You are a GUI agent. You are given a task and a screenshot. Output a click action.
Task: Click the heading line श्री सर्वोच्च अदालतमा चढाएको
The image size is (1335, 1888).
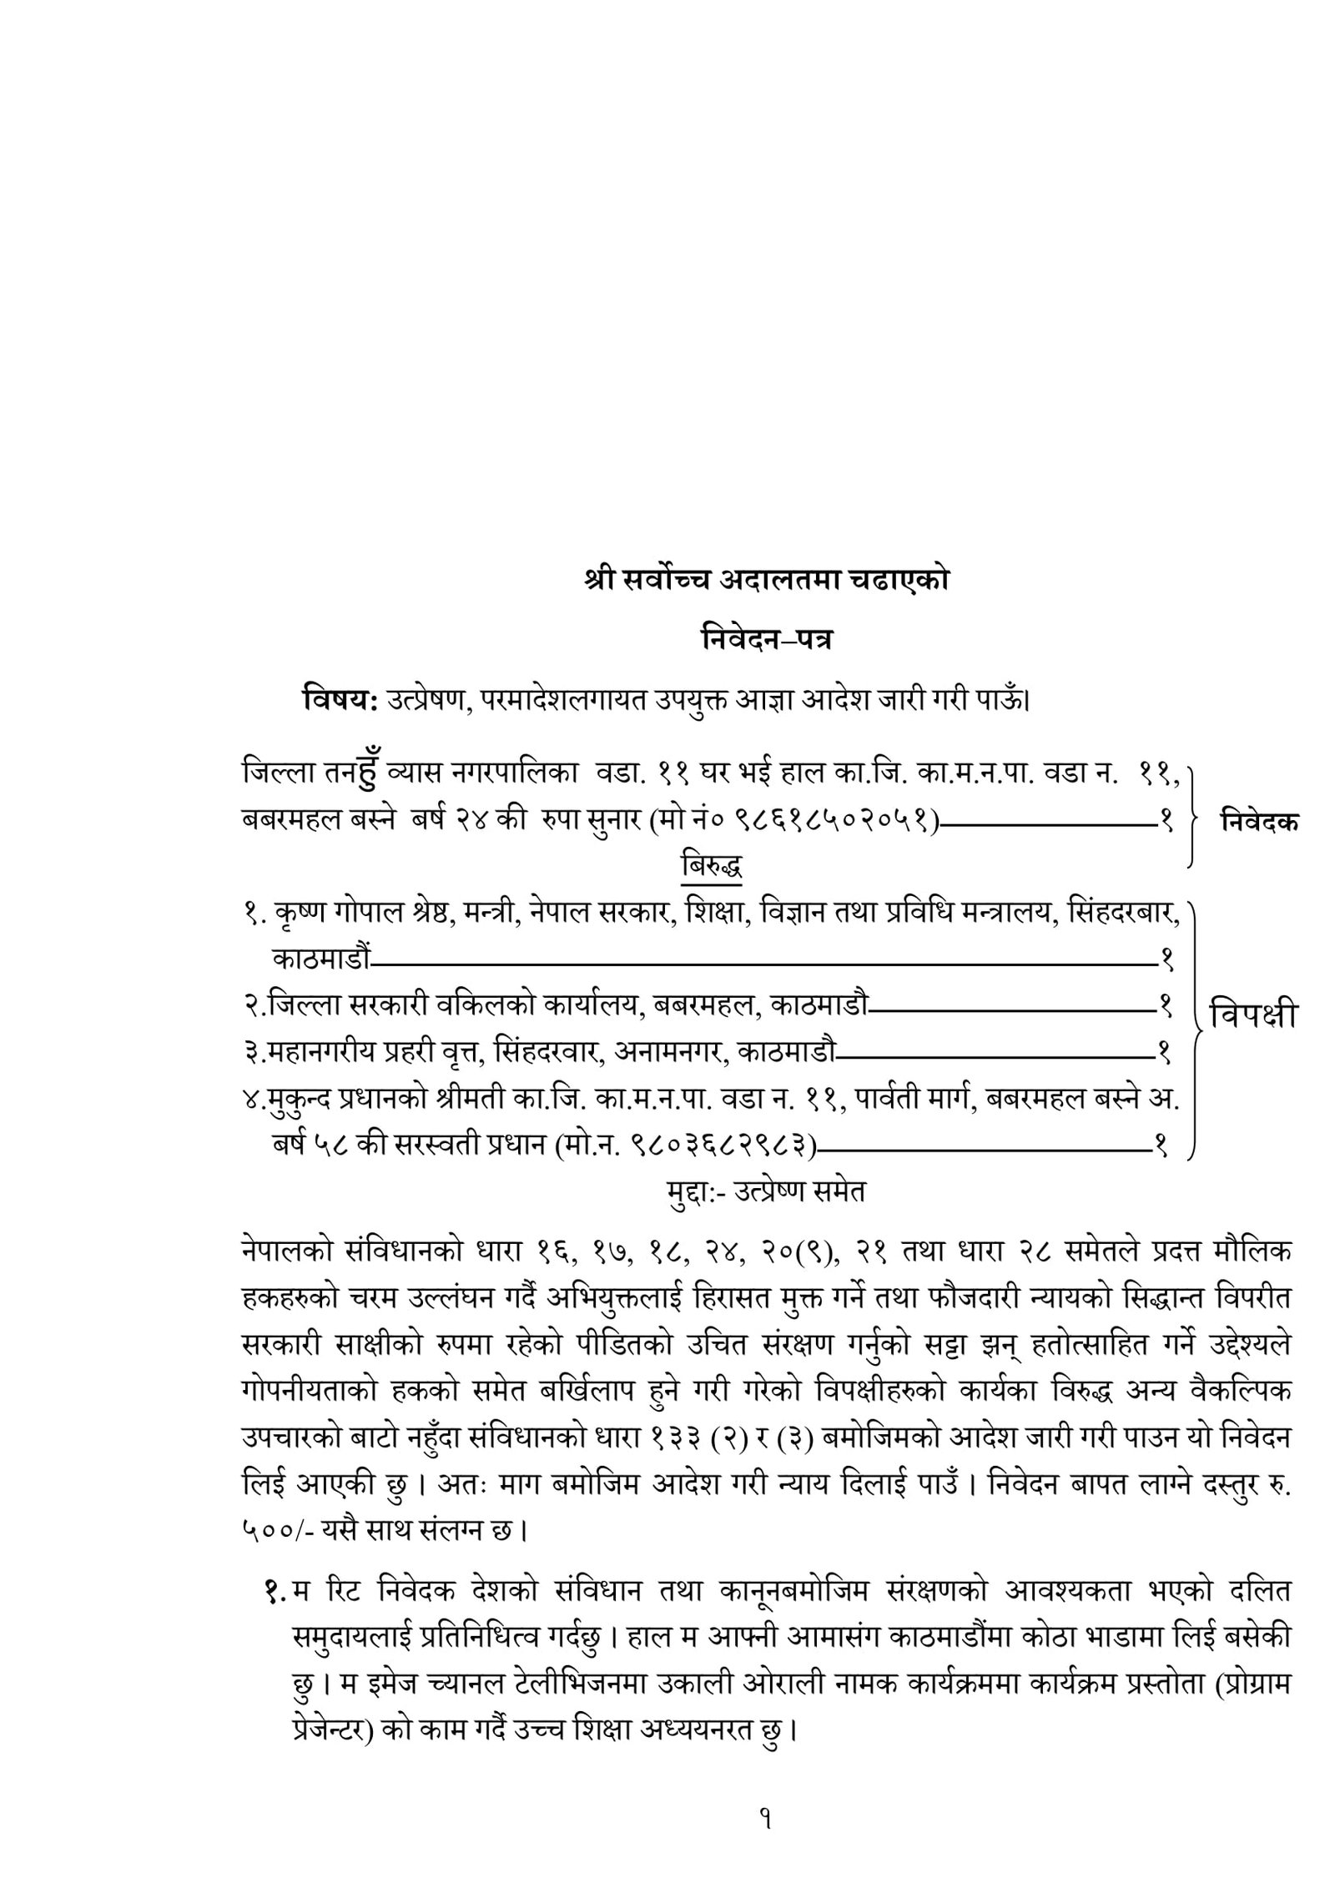766,581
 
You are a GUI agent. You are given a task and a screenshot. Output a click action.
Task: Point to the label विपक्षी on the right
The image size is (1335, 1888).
1253,1016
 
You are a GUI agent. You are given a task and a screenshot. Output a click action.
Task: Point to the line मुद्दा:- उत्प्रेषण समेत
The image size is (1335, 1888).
765,1191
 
